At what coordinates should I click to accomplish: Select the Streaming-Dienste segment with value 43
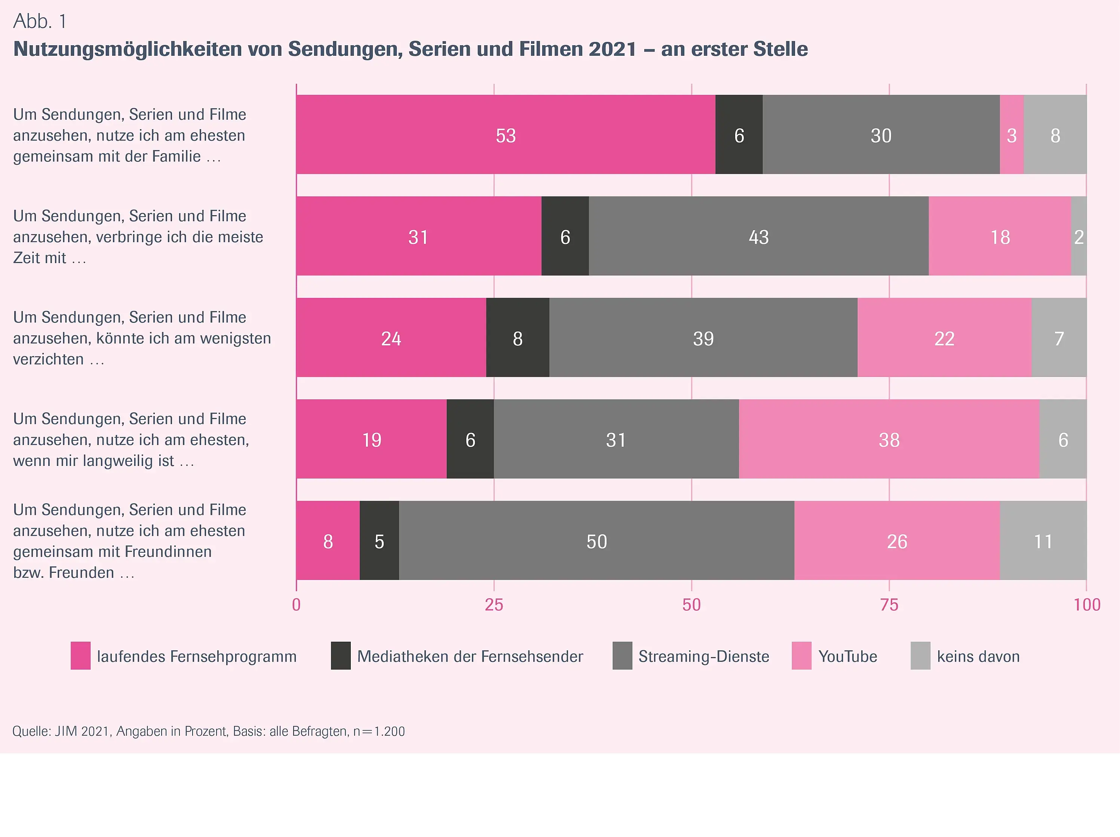tap(758, 236)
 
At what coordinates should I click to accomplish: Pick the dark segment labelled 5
tap(379, 541)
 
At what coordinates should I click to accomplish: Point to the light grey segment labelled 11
tap(1043, 541)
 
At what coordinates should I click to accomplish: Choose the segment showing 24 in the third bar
tap(391, 337)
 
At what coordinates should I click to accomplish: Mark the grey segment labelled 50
tap(596, 541)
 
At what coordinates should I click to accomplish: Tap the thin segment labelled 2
tap(1078, 236)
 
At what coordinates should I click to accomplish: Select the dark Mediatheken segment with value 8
tap(518, 337)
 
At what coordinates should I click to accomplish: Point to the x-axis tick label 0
tap(296, 604)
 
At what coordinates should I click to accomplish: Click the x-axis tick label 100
tap(1087, 604)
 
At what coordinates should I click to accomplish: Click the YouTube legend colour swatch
tap(801, 656)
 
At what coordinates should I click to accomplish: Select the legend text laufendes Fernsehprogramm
tap(196, 656)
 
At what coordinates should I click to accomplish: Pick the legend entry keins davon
tap(978, 656)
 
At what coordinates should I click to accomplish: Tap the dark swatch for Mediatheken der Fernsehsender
tap(341, 656)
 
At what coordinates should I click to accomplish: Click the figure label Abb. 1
tap(40, 21)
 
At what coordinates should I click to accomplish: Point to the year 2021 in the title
tap(612, 49)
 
